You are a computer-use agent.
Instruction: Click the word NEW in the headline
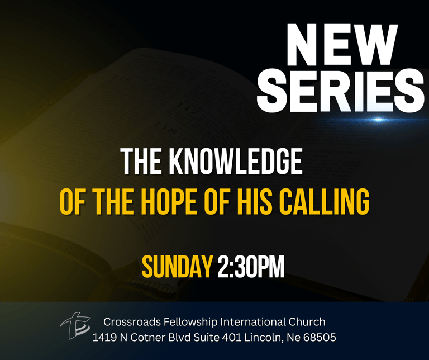click(342, 45)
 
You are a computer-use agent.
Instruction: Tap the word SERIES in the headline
click(341, 91)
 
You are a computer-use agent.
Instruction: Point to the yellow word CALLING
click(324, 202)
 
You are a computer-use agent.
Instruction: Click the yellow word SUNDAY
click(177, 267)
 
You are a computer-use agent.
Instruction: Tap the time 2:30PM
click(251, 267)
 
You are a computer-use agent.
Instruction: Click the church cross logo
click(75, 325)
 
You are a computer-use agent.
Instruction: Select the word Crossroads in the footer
click(132, 322)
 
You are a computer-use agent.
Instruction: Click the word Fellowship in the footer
click(190, 323)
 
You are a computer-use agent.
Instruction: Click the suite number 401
click(231, 338)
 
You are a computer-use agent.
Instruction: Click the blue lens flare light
click(378, 120)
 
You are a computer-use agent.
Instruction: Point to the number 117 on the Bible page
click(188, 109)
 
